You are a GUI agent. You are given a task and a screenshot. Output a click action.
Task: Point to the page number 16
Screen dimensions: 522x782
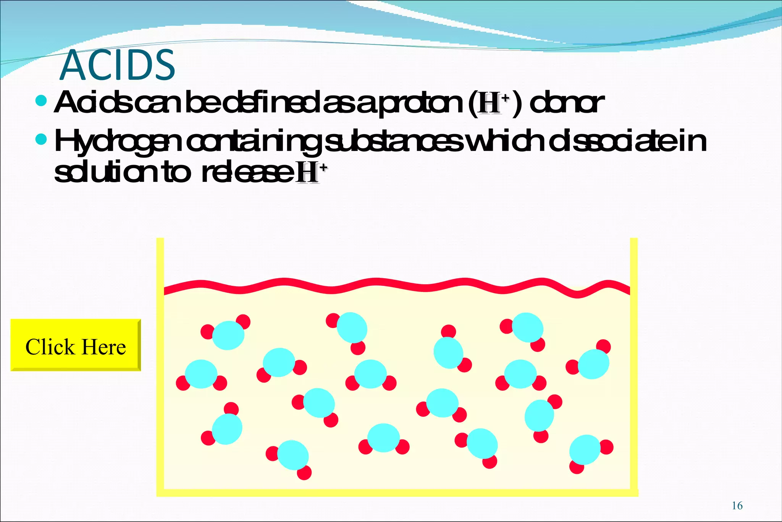pyautogui.click(x=737, y=506)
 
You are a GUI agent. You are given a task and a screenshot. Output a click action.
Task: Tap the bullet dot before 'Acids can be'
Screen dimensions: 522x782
pyautogui.click(x=40, y=101)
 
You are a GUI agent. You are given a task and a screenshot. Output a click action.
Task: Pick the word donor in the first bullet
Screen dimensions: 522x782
pyautogui.click(x=567, y=103)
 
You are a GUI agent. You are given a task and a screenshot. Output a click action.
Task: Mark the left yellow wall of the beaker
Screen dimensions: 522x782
pyautogui.click(x=160, y=363)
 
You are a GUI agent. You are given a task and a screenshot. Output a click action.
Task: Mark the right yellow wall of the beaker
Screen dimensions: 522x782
pyautogui.click(x=634, y=363)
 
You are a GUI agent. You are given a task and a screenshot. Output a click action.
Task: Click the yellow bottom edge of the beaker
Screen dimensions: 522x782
pyautogui.click(x=397, y=493)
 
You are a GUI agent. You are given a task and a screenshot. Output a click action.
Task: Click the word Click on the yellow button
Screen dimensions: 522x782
pyautogui.click(x=50, y=347)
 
